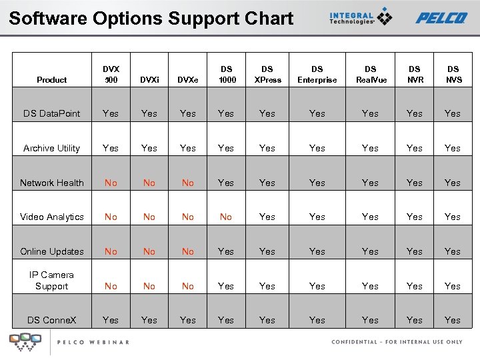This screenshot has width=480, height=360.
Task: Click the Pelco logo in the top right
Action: tap(441, 18)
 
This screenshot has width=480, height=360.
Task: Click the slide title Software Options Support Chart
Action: tap(151, 18)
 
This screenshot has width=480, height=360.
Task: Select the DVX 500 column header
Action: tap(111, 74)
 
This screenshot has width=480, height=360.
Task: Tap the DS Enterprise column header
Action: tap(317, 74)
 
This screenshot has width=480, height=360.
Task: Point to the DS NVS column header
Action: tap(453, 74)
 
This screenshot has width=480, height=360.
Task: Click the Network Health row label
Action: tap(52, 183)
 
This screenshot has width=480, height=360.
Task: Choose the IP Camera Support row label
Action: tap(52, 280)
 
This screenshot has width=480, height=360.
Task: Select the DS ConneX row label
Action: tap(52, 320)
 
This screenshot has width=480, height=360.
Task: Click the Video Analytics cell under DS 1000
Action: tap(226, 217)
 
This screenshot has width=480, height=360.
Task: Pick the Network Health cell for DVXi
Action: tap(149, 183)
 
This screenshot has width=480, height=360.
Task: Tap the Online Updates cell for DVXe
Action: tap(188, 251)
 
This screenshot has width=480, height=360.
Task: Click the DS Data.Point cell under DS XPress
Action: tap(267, 113)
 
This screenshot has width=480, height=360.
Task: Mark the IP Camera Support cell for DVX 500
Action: tap(111, 286)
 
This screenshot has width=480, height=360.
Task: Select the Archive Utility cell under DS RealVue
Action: tap(370, 148)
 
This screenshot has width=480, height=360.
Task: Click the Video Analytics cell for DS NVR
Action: tap(415, 217)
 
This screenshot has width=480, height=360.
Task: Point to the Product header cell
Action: tap(52, 80)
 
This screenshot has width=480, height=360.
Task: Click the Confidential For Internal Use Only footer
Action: tap(397, 342)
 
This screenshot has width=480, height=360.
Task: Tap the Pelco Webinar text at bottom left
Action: tap(93, 342)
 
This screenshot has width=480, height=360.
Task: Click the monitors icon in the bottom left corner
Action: tap(25, 341)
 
